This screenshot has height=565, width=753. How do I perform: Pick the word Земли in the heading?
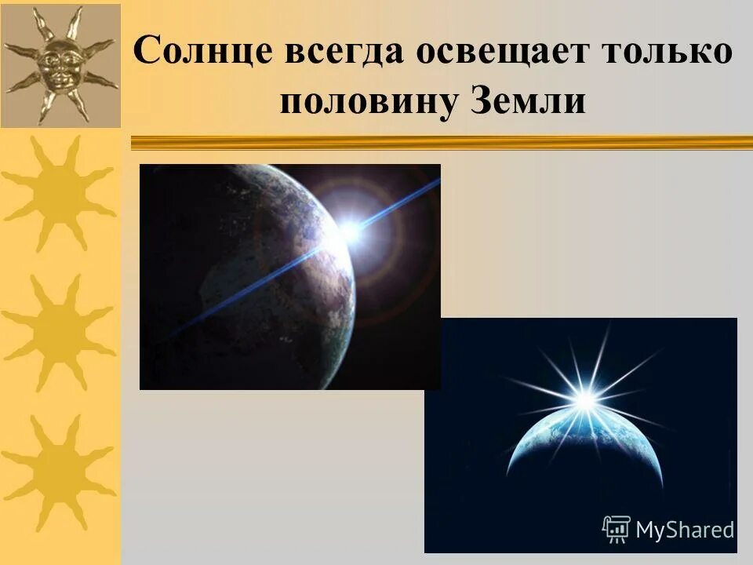pos(529,102)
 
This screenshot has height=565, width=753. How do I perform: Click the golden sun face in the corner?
pos(60,64)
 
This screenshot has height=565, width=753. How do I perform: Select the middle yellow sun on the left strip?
pos(60,333)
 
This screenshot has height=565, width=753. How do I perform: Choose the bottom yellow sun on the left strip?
pos(60,472)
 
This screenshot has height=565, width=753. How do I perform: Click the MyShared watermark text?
pos(685,530)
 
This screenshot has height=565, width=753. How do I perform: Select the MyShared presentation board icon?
pos(616,530)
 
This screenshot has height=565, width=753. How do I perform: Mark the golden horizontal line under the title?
pos(439,142)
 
